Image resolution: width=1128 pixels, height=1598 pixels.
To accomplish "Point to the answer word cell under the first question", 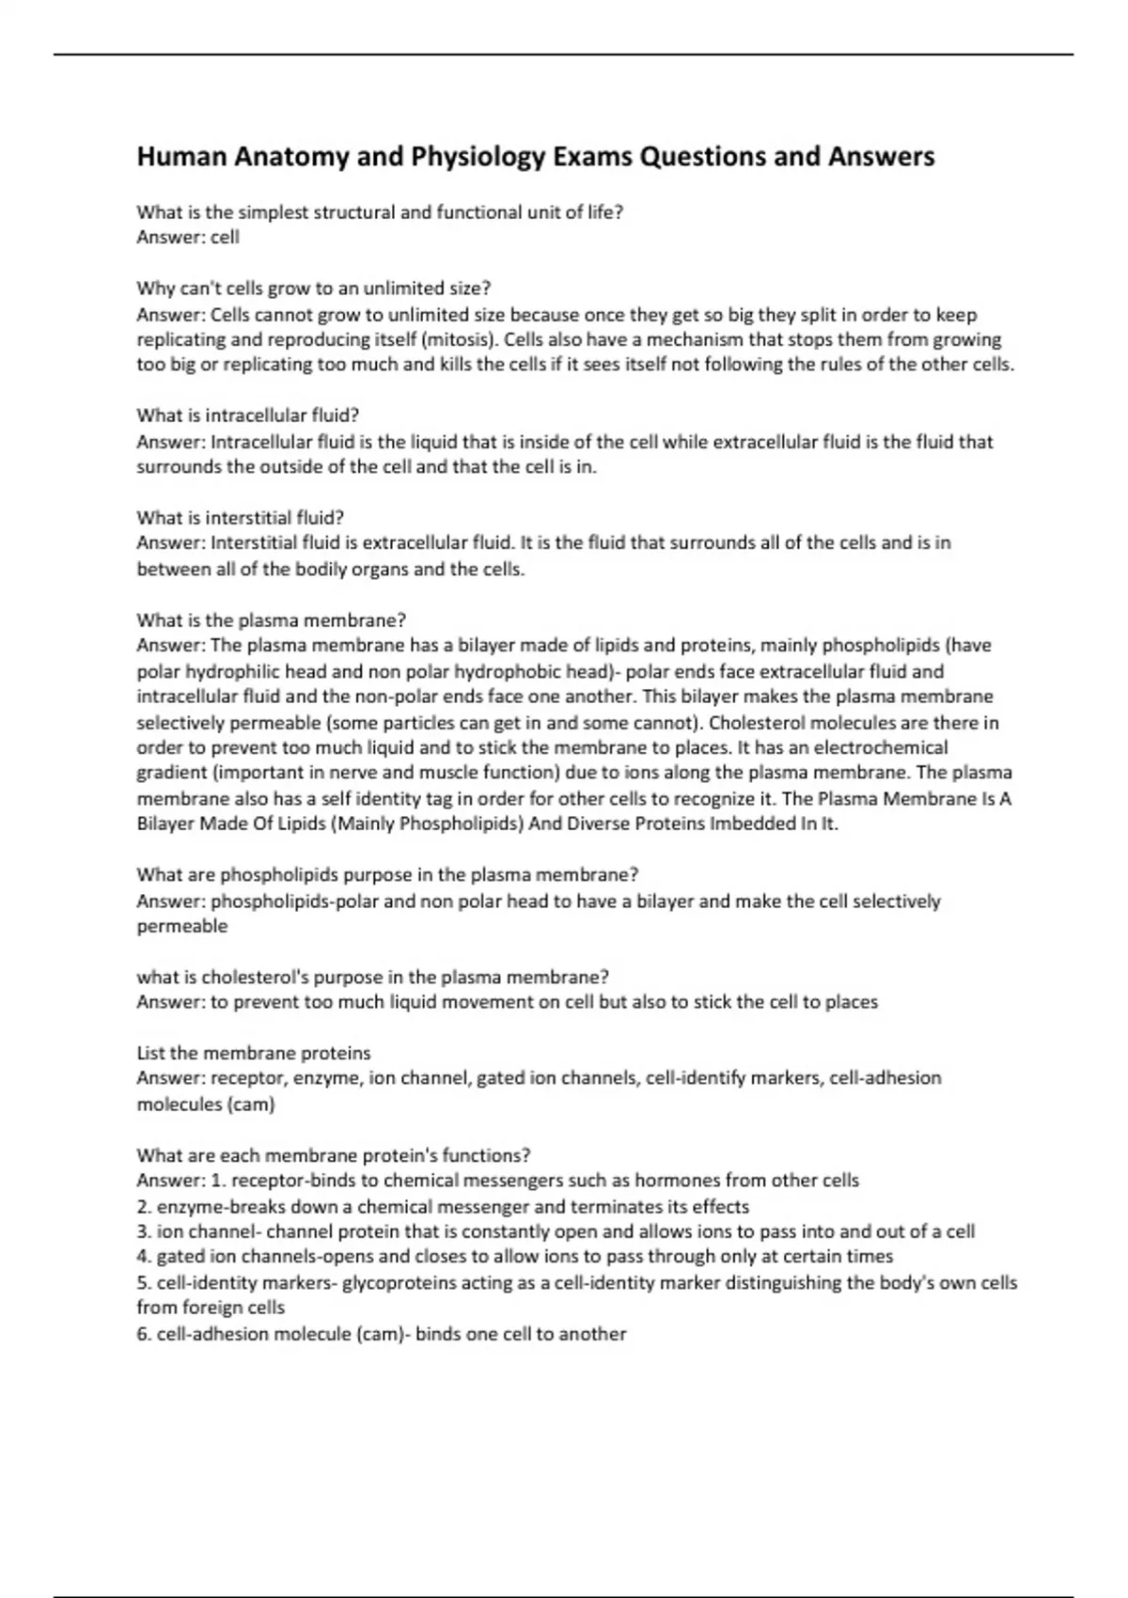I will click(x=225, y=238).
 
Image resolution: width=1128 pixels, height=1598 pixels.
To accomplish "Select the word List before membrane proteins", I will click(x=151, y=1053).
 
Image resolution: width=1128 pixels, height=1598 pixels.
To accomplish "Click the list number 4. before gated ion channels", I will click(x=144, y=1257).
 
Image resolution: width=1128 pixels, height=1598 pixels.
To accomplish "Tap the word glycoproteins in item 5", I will click(x=400, y=1283).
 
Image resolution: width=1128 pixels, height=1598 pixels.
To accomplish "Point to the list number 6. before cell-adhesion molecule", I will click(x=144, y=1334).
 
